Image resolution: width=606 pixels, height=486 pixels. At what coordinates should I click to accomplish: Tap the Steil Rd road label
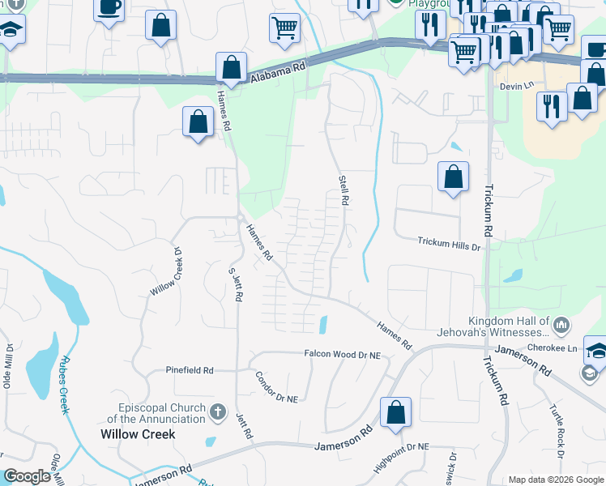pyautogui.click(x=344, y=188)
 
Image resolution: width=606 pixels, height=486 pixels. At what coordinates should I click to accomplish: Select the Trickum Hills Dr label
pyautogui.click(x=449, y=241)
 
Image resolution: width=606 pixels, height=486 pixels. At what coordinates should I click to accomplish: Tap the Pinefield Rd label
pyautogui.click(x=189, y=370)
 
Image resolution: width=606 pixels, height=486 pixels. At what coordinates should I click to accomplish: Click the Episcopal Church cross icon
pyautogui.click(x=217, y=412)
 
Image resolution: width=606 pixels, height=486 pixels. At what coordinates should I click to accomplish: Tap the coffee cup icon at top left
pyautogui.click(x=109, y=8)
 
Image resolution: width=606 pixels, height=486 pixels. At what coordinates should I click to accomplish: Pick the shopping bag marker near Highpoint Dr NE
pyautogui.click(x=395, y=412)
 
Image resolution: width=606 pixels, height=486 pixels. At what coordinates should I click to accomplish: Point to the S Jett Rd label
pyautogui.click(x=236, y=283)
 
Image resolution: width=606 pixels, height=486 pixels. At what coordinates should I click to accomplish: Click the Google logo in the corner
pyautogui.click(x=27, y=476)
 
